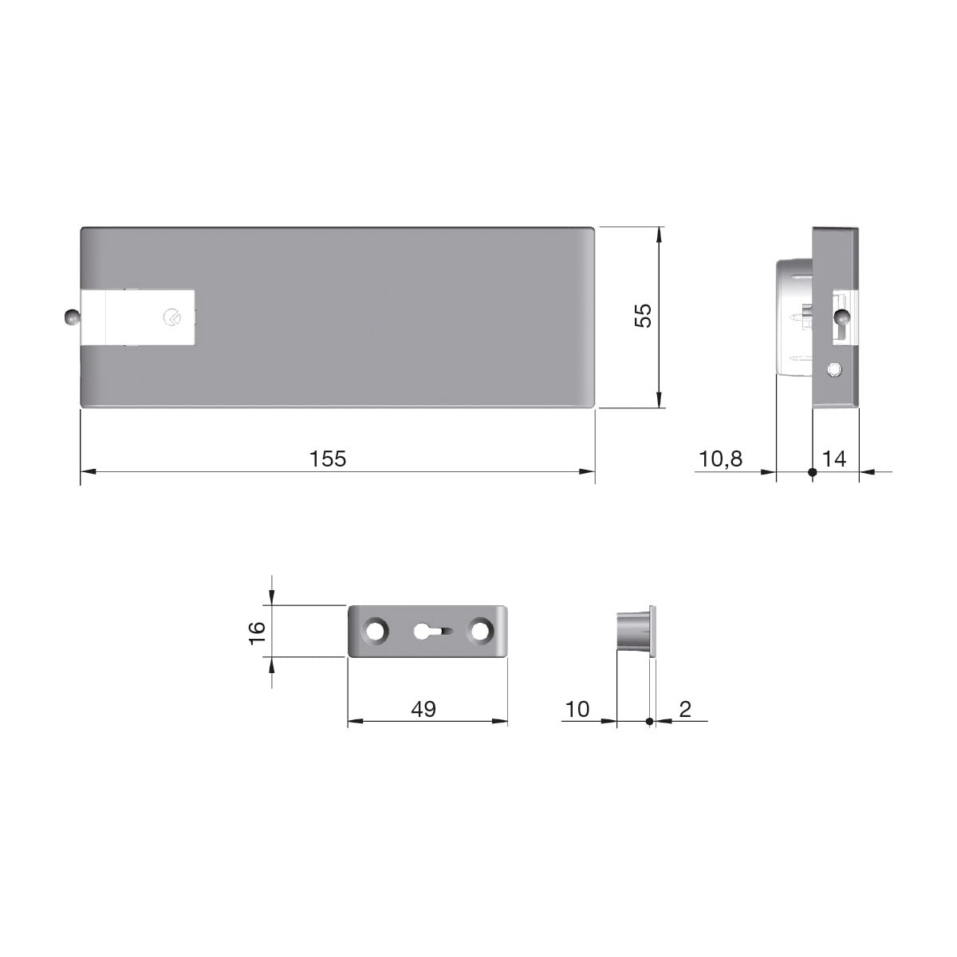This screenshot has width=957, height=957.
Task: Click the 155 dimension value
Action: (328, 459)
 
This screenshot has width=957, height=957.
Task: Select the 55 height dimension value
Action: (643, 315)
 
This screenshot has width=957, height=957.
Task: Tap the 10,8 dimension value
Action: (721, 459)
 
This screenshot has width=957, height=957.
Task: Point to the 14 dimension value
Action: (834, 459)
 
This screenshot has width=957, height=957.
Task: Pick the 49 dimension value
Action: (423, 709)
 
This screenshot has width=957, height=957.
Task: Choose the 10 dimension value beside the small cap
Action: (577, 709)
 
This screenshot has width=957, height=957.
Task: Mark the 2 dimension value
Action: (685, 709)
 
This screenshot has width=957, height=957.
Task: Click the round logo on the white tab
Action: (171, 317)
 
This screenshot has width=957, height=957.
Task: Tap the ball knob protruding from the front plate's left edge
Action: (72, 317)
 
